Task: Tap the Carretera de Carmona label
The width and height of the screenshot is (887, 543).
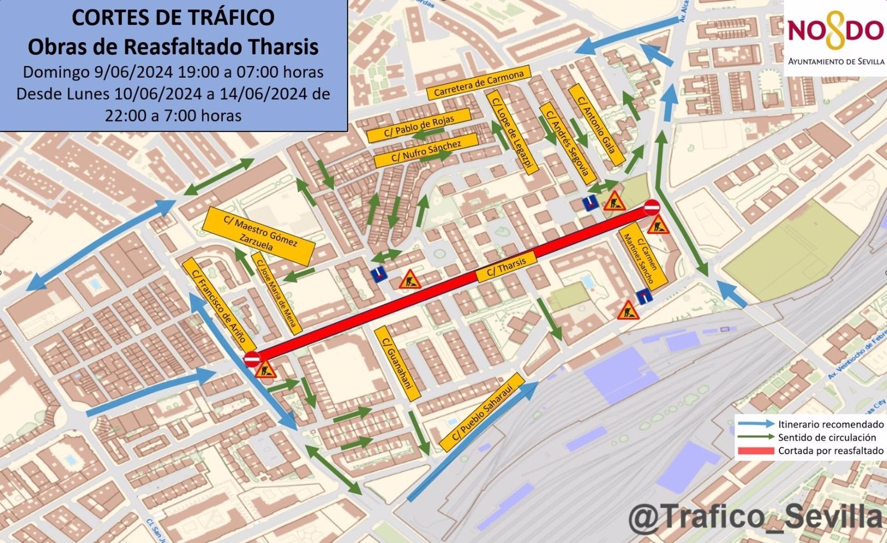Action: pyautogui.click(x=479, y=83)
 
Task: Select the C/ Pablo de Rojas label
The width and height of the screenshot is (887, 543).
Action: pyautogui.click(x=419, y=125)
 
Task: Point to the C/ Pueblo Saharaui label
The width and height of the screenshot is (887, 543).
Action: pyautogui.click(x=482, y=412)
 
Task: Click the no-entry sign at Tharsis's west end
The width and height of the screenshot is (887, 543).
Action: pyautogui.click(x=251, y=359)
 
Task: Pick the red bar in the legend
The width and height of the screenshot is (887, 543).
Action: pyautogui.click(x=755, y=451)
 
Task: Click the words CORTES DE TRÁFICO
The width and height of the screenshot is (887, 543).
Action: pyautogui.click(x=173, y=18)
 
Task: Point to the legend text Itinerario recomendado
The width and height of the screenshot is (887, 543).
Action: pyautogui.click(x=830, y=424)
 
